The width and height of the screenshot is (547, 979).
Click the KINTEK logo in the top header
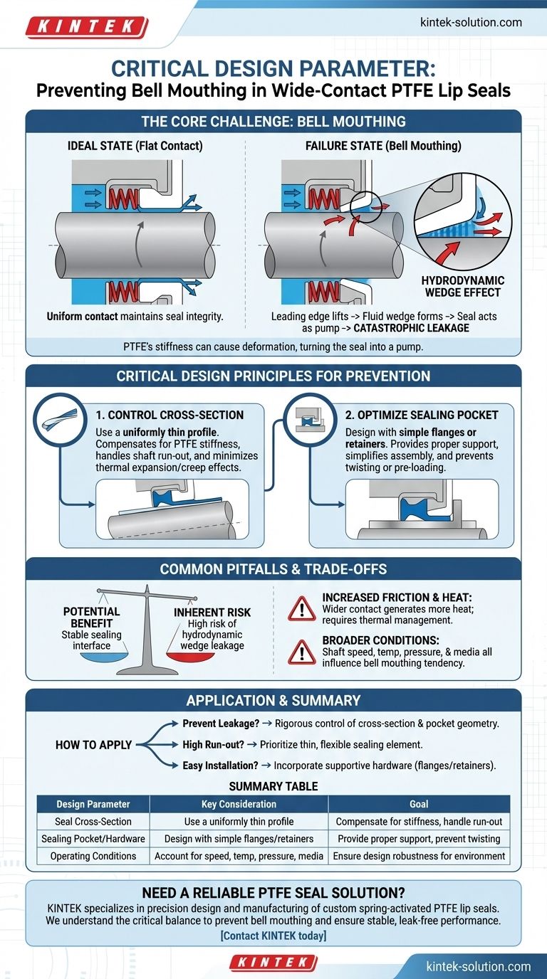click(x=87, y=27)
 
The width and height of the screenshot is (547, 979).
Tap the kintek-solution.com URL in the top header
click(x=471, y=22)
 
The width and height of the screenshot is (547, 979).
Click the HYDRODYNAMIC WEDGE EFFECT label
click(x=462, y=286)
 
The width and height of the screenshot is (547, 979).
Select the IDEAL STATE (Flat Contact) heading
click(x=135, y=146)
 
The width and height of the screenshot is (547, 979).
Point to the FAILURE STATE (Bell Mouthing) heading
click(x=383, y=146)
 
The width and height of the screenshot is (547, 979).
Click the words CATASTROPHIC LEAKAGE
click(x=411, y=328)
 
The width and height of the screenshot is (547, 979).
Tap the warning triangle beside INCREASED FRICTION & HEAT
click(x=301, y=608)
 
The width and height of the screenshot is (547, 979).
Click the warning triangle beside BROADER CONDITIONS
click(x=301, y=652)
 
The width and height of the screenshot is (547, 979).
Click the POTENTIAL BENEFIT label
click(x=91, y=617)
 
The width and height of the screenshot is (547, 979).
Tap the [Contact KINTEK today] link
click(x=273, y=936)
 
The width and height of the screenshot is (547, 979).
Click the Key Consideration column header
click(x=239, y=804)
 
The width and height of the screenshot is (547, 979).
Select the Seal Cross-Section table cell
click(x=93, y=821)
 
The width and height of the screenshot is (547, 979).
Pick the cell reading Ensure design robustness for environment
click(x=420, y=856)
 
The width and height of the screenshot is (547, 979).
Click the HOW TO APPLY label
click(x=93, y=745)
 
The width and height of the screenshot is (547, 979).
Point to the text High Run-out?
click(x=213, y=744)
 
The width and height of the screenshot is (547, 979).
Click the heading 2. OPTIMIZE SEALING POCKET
click(x=422, y=415)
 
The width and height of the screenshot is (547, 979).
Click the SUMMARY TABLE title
click(x=273, y=786)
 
